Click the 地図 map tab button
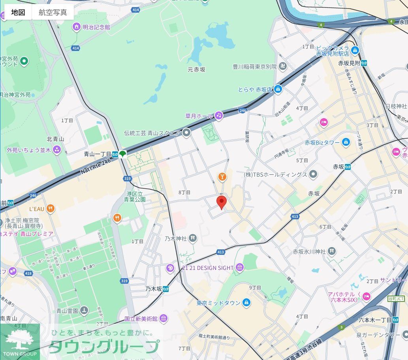click(18, 12)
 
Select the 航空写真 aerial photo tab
click(53, 12)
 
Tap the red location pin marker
click(222, 202)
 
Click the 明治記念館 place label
click(96, 27)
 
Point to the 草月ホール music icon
click(219, 115)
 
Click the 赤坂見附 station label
click(349, 63)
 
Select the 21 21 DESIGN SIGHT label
click(208, 268)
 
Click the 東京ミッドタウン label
click(218, 303)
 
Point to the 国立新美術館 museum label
click(141, 319)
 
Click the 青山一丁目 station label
click(98, 154)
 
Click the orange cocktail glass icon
click(222, 177)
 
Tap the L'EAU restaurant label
click(37, 208)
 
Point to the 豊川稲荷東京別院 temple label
click(254, 67)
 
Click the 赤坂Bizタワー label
click(322, 142)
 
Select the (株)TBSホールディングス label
click(275, 174)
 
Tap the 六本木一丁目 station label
click(375, 320)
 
